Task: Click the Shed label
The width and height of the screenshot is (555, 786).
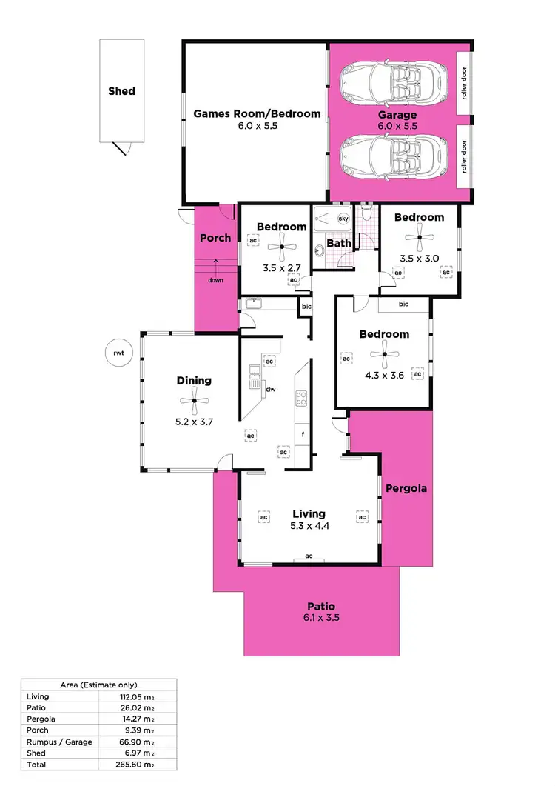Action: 121,91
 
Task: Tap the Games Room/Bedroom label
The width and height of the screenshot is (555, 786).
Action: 257,114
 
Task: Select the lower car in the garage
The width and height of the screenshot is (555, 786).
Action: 392,156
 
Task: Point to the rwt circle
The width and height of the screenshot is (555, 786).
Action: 118,353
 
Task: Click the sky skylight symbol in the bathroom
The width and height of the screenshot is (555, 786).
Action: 343,219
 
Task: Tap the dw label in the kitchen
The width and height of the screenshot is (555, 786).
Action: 271,388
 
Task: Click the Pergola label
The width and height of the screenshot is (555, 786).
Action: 407,489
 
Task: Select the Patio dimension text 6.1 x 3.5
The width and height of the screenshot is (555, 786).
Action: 321,617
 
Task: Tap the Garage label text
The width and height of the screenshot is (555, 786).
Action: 397,115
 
